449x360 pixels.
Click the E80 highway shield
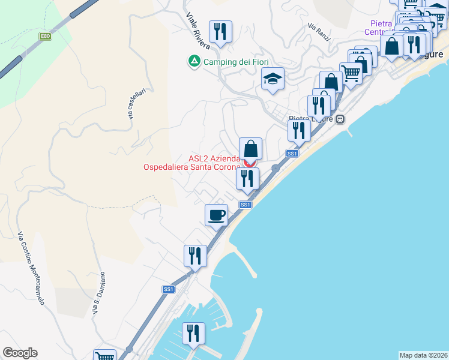46,36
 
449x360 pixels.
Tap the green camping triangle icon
194,62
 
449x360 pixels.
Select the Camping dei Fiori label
236,62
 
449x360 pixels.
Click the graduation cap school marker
273,79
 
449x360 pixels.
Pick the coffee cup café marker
216,214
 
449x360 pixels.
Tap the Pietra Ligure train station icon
340,119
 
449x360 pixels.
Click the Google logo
20,353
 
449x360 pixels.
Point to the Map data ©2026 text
424,355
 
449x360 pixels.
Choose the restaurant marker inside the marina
193,333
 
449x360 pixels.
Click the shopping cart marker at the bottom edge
104,356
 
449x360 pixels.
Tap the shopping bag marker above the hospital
250,148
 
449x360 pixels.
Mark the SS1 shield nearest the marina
169,289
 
